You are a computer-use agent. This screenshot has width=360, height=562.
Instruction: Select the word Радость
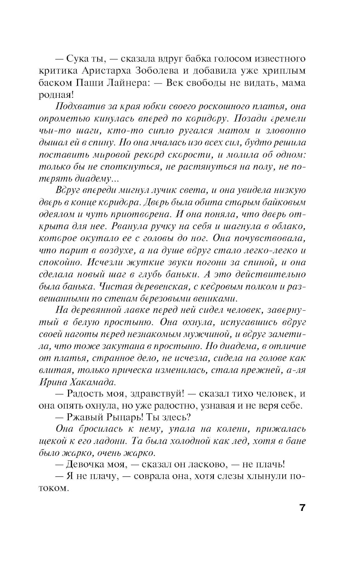tap(84, 394)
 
